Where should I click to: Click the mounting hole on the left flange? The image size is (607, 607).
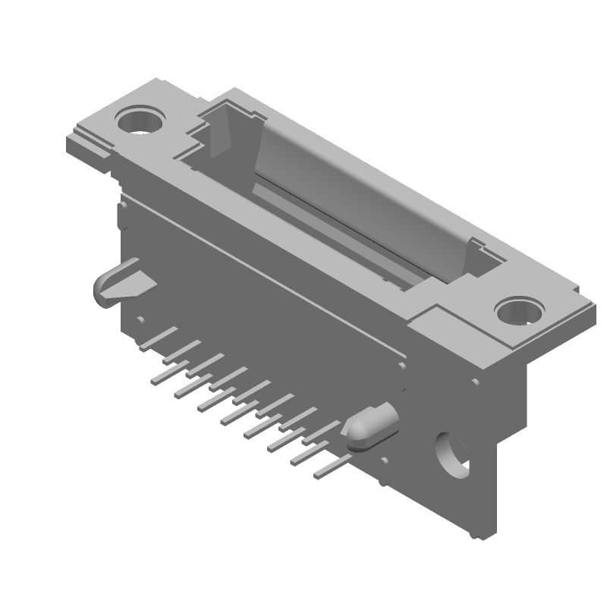140,120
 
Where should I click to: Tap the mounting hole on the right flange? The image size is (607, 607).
520,311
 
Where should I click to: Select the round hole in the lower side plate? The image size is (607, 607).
453,454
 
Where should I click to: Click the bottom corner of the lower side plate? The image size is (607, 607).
486,536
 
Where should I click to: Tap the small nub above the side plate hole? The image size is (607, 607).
473,384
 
